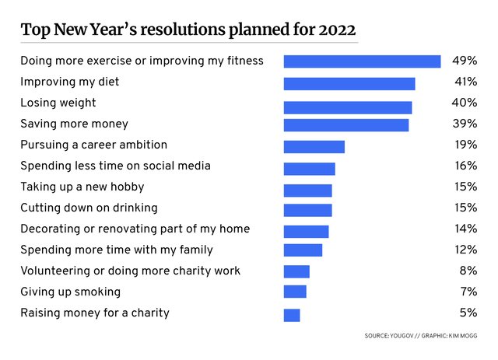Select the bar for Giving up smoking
point(295,292)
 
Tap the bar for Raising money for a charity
point(292,315)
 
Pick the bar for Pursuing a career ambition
point(314,147)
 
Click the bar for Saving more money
point(346,125)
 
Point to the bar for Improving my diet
point(349,83)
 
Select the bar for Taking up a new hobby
point(308,190)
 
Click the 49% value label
point(465,60)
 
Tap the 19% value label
point(465,145)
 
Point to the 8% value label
point(469,271)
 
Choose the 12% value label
point(465,250)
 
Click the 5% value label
point(469,313)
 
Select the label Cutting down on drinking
point(89,208)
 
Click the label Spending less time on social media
point(115,166)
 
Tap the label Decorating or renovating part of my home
point(135,229)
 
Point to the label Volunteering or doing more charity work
point(130,271)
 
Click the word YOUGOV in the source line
point(404,336)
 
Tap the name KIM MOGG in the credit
point(461,336)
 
